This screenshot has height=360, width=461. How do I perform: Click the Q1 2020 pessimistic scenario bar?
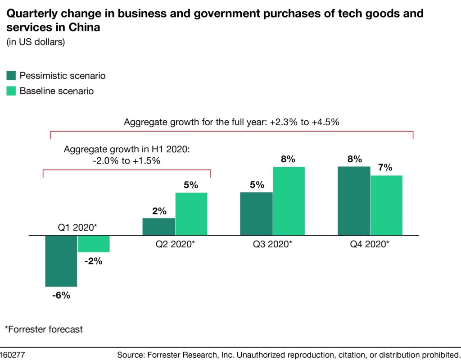[61, 260]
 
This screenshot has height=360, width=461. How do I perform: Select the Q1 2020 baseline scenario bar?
[94, 244]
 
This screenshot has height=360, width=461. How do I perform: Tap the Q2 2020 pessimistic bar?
[158, 227]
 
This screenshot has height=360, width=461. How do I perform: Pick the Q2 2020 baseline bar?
[191, 214]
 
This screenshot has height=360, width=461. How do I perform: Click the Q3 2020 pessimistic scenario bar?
[256, 214]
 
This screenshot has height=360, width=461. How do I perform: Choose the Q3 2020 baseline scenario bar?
[289, 201]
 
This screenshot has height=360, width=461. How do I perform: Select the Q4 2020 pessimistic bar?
[354, 201]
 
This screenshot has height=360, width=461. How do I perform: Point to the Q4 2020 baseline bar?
[386, 205]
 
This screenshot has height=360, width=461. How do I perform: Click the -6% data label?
[61, 296]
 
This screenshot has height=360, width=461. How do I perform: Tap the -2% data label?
[93, 261]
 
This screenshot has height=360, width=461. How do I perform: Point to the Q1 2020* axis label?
[77, 228]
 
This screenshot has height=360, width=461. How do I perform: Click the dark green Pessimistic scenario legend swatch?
[11, 75]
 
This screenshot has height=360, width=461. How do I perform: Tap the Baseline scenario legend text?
[56, 91]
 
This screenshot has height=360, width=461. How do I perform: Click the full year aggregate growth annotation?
[231, 122]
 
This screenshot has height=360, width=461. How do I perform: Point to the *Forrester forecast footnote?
[44, 329]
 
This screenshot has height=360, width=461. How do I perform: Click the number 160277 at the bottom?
[13, 355]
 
